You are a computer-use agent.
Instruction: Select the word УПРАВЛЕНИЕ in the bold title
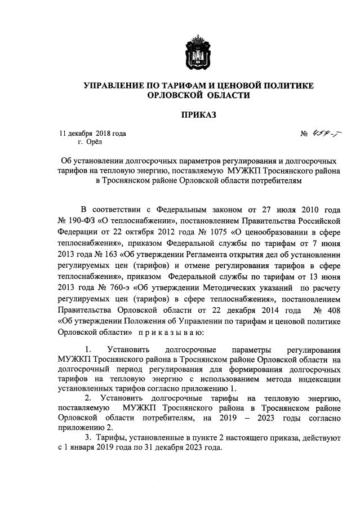pos(115,86)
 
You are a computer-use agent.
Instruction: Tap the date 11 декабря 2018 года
pos(94,134)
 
